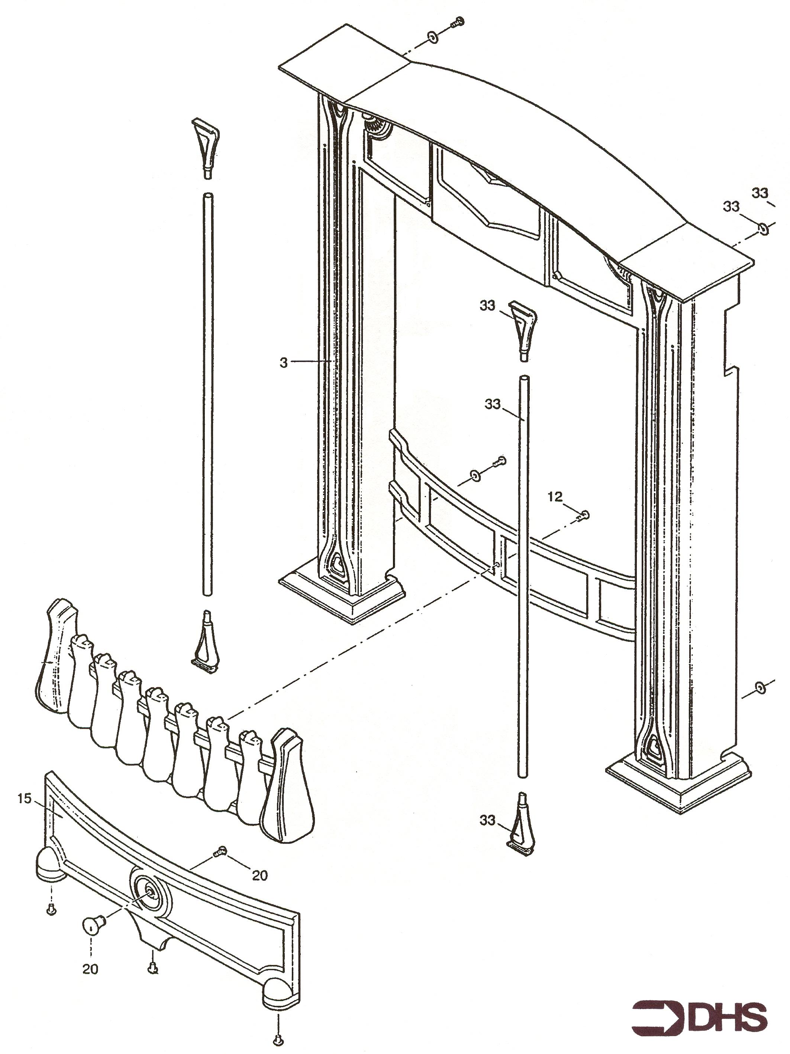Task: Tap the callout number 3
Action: (x=284, y=363)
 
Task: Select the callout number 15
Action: (x=24, y=799)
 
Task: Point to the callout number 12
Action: (x=555, y=497)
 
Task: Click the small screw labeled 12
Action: (x=584, y=515)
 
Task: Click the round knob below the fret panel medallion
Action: (x=91, y=926)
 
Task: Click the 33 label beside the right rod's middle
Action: (x=493, y=404)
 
